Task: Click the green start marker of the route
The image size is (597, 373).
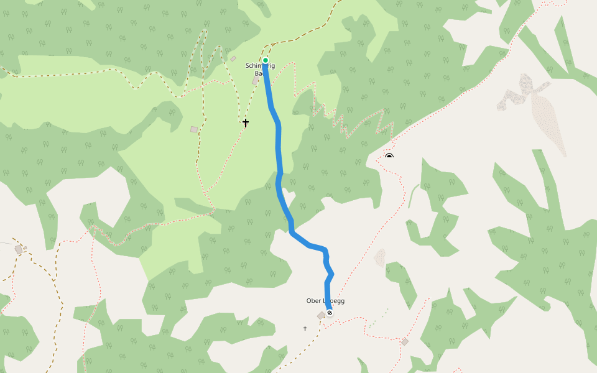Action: [x=266, y=60]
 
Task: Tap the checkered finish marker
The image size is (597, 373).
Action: [x=330, y=313]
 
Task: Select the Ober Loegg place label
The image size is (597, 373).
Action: [x=325, y=301]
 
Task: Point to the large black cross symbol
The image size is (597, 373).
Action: [x=246, y=123]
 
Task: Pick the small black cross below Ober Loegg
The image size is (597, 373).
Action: [x=305, y=328]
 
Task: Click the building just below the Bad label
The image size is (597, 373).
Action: [x=256, y=81]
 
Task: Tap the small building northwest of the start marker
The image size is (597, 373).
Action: [x=233, y=59]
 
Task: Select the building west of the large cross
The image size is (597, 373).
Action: [x=194, y=129]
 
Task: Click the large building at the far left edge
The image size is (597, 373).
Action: [x=19, y=249]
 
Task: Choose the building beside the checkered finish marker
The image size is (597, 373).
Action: [x=321, y=316]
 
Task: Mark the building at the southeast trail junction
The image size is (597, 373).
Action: [x=405, y=342]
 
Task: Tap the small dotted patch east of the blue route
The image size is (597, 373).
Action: [x=380, y=257]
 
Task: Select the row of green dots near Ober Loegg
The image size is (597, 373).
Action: [x=377, y=318]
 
